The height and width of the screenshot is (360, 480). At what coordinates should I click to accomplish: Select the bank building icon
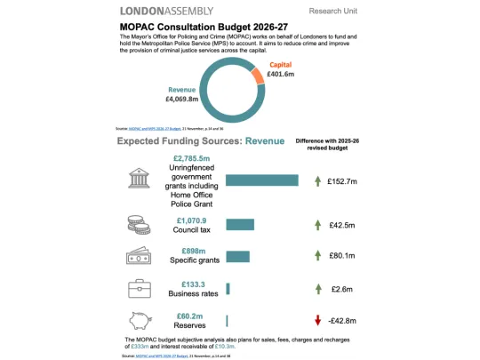[x=138, y=180]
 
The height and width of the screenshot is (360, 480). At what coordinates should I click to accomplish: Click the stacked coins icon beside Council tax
[x=138, y=224]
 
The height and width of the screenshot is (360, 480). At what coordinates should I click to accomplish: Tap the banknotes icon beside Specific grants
[x=138, y=256]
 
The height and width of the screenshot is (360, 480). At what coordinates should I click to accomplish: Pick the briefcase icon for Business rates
[x=138, y=288]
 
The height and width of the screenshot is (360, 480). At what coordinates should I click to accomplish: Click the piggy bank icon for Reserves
[x=138, y=321]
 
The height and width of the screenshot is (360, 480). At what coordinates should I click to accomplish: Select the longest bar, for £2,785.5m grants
[x=261, y=180]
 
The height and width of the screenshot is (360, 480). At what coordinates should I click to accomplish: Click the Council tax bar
[x=240, y=224]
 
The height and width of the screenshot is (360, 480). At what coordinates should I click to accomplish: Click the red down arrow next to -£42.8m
[x=317, y=321]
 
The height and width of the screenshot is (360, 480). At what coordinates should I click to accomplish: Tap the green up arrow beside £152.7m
[x=317, y=181]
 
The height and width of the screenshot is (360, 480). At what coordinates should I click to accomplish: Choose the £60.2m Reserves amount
[x=191, y=315]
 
